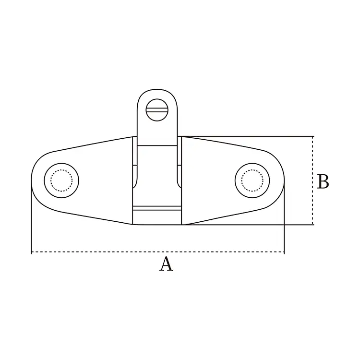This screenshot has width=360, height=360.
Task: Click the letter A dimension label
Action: [166, 264]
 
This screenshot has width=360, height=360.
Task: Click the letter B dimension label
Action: [323, 182]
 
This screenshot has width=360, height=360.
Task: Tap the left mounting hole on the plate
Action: [61, 180]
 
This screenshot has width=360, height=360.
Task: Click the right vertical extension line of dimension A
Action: [284, 230]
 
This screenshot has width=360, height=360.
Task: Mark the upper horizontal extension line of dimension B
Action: [250, 136]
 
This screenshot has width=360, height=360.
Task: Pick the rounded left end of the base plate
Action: [34, 180]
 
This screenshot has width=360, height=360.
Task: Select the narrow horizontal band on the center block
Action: [157, 208]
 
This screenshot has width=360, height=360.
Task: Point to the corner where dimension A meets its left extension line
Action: [31, 252]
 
